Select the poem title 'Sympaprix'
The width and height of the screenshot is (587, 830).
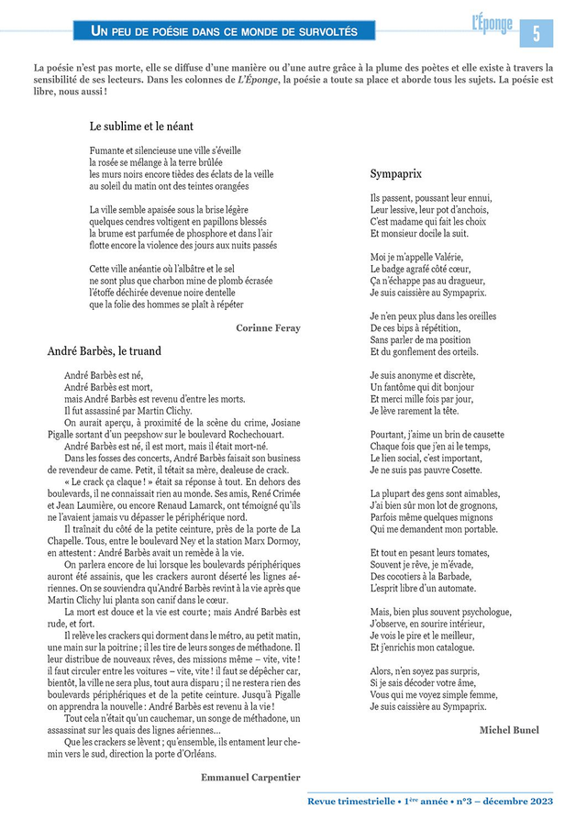tap(396, 173)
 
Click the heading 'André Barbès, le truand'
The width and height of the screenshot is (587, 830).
tap(104, 350)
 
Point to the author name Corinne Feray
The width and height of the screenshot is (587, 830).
tap(268, 327)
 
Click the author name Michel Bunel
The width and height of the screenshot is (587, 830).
tap(509, 729)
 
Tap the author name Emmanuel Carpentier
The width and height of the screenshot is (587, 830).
tap(250, 777)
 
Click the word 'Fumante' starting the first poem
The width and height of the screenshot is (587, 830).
tap(106, 149)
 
